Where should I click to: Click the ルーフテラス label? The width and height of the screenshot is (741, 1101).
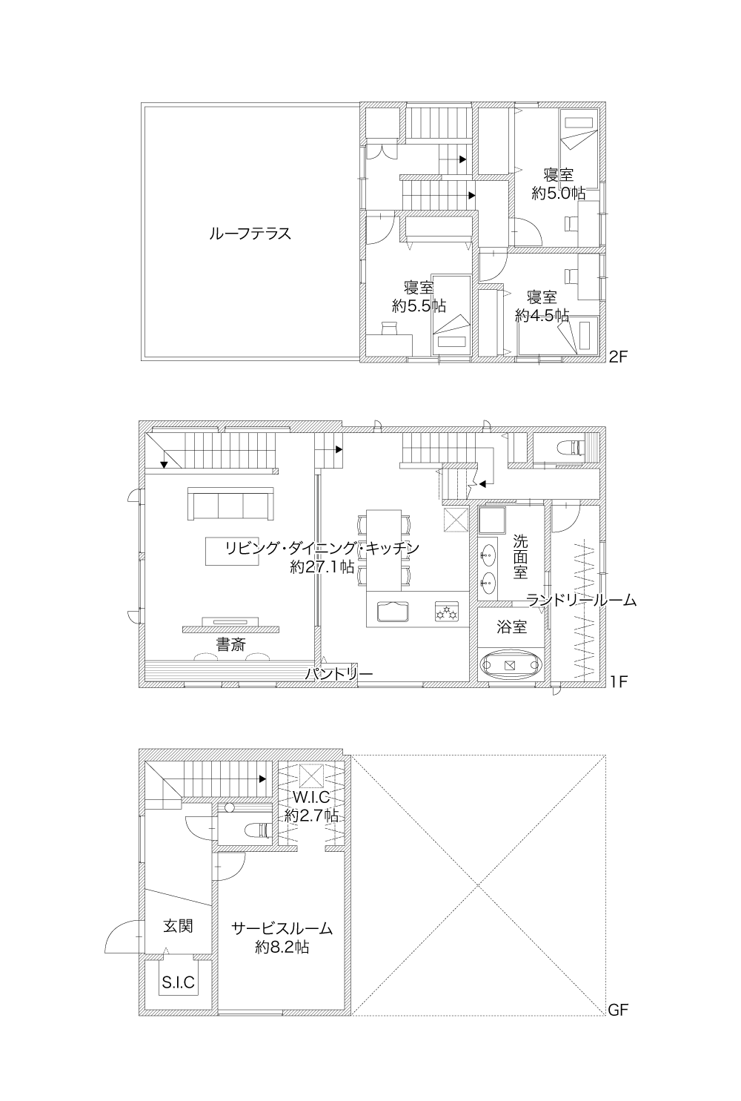[x=250, y=233]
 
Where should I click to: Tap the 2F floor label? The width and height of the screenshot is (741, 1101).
[x=618, y=357]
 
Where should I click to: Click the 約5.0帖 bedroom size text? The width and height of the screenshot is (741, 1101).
[x=558, y=194]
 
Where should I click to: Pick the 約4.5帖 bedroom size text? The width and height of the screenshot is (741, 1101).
[x=542, y=315]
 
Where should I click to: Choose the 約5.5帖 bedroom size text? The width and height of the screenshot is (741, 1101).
[x=419, y=305]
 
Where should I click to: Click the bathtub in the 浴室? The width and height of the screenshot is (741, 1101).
[x=511, y=665]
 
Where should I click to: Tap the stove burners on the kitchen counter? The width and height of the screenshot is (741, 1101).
[x=446, y=612]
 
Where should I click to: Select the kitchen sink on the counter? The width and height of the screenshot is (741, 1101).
[x=393, y=612]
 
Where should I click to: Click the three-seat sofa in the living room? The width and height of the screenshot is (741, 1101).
[x=230, y=503]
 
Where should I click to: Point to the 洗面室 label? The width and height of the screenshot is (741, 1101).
[x=520, y=557]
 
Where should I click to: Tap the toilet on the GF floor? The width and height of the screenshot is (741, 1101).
[x=257, y=830]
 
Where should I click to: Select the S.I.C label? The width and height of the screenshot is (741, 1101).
[x=179, y=982]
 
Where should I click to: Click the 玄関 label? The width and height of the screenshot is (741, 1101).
[x=178, y=926]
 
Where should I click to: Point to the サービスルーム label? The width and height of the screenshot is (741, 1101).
[x=282, y=928]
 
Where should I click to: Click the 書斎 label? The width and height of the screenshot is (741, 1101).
[x=231, y=644]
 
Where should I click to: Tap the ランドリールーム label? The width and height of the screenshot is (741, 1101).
[x=581, y=600]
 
